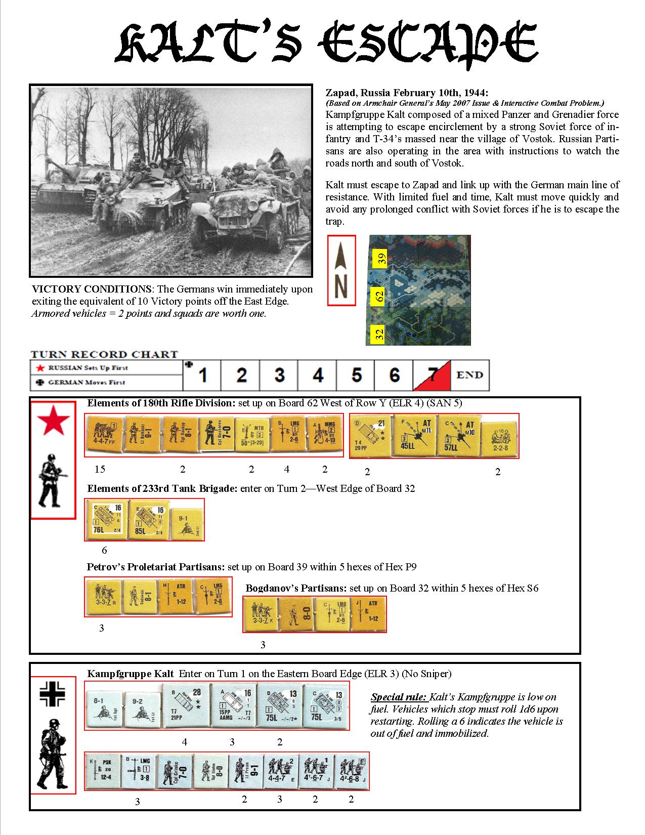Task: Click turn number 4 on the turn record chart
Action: tap(318, 375)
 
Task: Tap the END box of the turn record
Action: tap(470, 375)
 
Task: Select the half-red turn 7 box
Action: tap(432, 375)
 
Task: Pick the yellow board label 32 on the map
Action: tap(379, 334)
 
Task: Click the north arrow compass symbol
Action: tap(341, 271)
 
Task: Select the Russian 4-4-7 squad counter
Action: tap(104, 434)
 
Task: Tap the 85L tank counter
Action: tap(147, 520)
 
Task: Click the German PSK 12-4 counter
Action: tap(102, 772)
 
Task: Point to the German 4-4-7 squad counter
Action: tap(280, 772)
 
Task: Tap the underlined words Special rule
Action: tap(399, 697)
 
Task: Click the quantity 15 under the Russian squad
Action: tap(100, 469)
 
